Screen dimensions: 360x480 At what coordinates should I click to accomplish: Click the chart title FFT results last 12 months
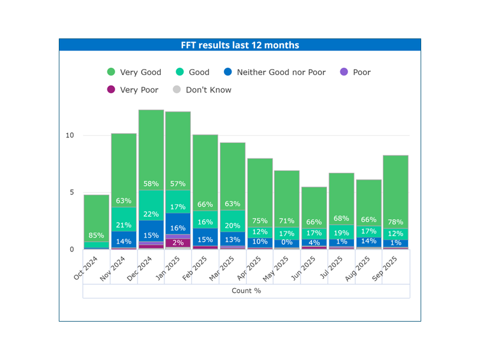tap(240, 45)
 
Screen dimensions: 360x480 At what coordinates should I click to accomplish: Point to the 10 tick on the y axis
tap(70, 135)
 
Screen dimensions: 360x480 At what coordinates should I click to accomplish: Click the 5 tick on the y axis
tap(71, 193)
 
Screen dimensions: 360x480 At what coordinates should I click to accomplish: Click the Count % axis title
tap(246, 290)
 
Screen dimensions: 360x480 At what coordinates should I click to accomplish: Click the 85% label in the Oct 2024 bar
tap(97, 235)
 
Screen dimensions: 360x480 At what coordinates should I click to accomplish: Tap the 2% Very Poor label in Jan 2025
tap(178, 242)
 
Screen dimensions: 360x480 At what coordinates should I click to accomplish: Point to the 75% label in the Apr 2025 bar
tap(260, 221)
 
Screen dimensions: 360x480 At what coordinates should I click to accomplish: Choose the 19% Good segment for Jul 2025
tap(341, 232)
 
